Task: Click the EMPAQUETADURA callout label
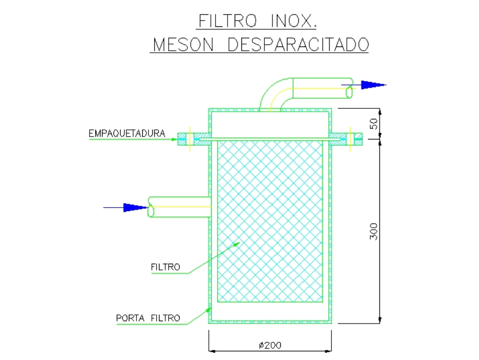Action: (x=126, y=133)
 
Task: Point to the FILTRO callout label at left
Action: (x=165, y=267)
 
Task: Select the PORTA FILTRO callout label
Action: (x=148, y=318)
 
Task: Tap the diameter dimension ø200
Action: (x=271, y=345)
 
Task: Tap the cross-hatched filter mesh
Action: (x=270, y=221)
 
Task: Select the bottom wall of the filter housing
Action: (x=270, y=323)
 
